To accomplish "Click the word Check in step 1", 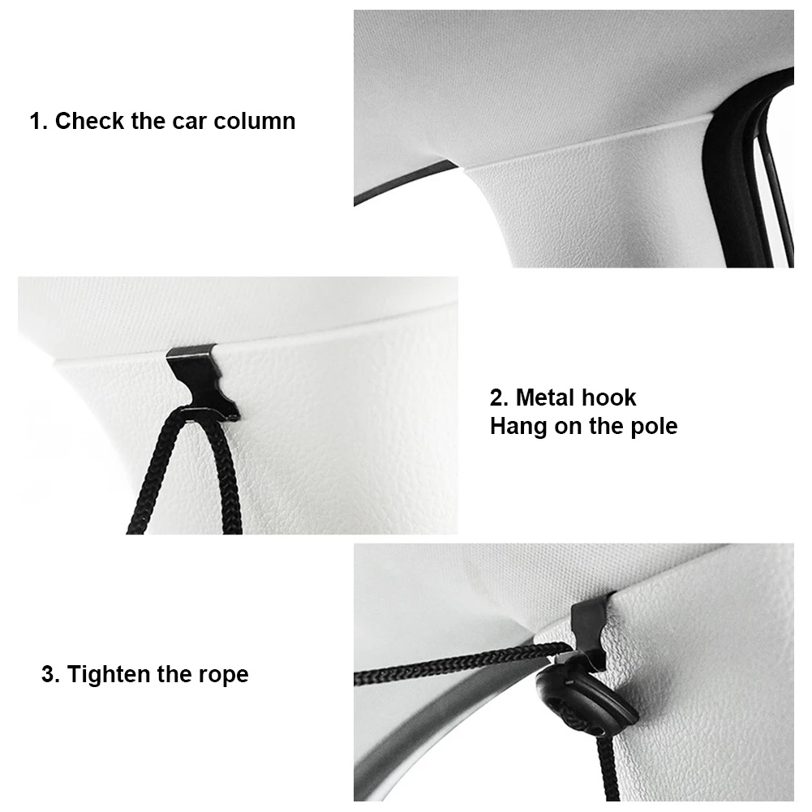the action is pyautogui.click(x=89, y=121).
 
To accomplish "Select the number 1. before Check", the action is pyautogui.click(x=39, y=121).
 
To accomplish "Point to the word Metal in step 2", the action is pyautogui.click(x=546, y=397).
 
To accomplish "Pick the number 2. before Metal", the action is pyautogui.click(x=500, y=397).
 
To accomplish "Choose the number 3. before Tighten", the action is pyautogui.click(x=51, y=675).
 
